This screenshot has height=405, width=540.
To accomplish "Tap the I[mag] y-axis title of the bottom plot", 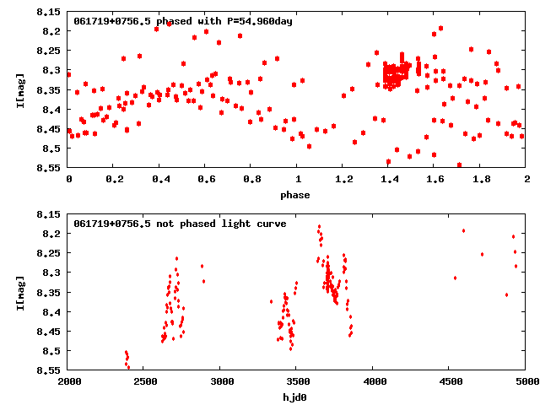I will [x=20, y=292].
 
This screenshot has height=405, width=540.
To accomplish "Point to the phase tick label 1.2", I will [x=343, y=179].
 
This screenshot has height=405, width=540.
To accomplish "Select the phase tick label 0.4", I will [x=160, y=179].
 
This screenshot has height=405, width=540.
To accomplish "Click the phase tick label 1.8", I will [x=481, y=179].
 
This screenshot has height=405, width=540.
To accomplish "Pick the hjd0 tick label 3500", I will [x=297, y=381].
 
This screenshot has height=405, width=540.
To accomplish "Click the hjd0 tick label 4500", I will [x=450, y=381].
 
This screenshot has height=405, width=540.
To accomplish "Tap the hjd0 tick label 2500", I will [x=144, y=381].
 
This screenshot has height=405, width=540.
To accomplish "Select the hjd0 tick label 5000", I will [x=526, y=381].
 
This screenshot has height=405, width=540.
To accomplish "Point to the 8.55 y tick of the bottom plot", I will [x=49, y=370].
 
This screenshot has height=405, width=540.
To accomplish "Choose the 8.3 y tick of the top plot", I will [x=52, y=71].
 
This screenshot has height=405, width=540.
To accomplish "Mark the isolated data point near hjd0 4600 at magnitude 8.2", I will [x=463, y=231].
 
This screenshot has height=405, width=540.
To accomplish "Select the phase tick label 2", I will [x=526, y=179].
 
